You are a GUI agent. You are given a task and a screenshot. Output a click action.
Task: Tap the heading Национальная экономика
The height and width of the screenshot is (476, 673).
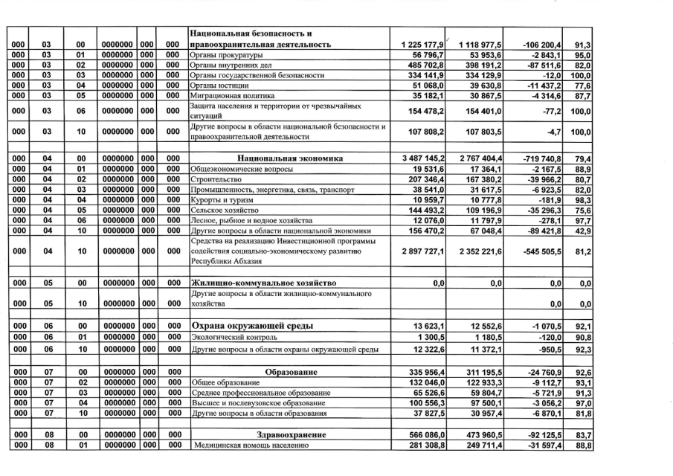(x=289, y=158)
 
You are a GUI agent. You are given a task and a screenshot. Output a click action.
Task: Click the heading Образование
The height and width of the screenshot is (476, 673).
(x=289, y=371)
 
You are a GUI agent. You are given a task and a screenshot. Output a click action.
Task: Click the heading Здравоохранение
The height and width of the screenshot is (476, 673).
(x=289, y=434)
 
